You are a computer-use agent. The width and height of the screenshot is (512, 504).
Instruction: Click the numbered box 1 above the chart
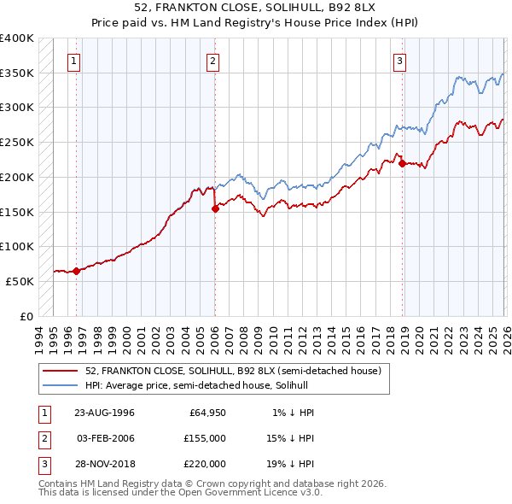(75, 61)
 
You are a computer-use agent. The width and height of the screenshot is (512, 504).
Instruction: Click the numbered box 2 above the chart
(212, 61)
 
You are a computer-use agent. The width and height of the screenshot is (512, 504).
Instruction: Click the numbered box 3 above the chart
(400, 61)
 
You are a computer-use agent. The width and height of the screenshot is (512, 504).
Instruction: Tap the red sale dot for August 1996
(76, 271)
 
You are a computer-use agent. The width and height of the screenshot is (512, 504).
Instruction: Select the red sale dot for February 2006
(214, 208)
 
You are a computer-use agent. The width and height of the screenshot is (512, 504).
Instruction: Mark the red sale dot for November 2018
(402, 163)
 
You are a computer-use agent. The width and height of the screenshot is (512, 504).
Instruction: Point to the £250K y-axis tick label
(17, 142)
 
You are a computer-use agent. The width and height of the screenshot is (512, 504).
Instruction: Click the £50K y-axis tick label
(20, 281)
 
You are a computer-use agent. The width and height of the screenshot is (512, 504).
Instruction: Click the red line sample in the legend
(61, 370)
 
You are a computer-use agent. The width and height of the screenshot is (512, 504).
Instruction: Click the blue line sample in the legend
(61, 385)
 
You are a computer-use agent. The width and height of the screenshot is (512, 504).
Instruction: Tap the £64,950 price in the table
(205, 413)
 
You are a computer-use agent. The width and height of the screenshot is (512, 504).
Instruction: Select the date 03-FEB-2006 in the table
(105, 438)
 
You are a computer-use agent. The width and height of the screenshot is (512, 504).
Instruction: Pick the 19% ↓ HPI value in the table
(290, 464)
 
